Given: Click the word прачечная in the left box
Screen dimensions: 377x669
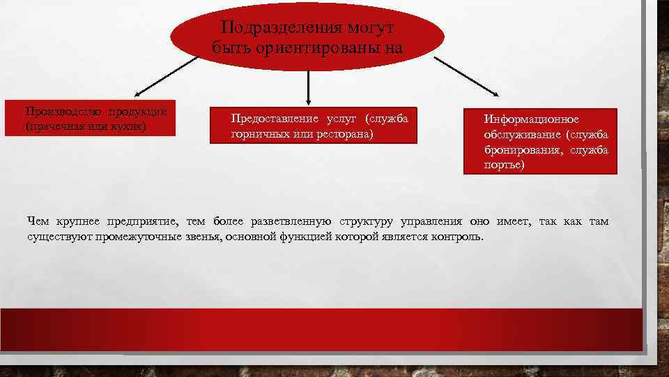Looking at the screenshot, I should pos(58,126).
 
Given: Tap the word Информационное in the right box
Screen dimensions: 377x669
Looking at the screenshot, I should pos(527,119).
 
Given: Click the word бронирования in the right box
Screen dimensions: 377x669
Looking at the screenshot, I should pos(523,150).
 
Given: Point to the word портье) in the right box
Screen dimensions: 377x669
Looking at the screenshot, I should pos(505,165).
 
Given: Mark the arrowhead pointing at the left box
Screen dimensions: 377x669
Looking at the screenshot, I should pos(137,92).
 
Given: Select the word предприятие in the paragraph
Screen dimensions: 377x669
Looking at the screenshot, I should pos(141,221).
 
